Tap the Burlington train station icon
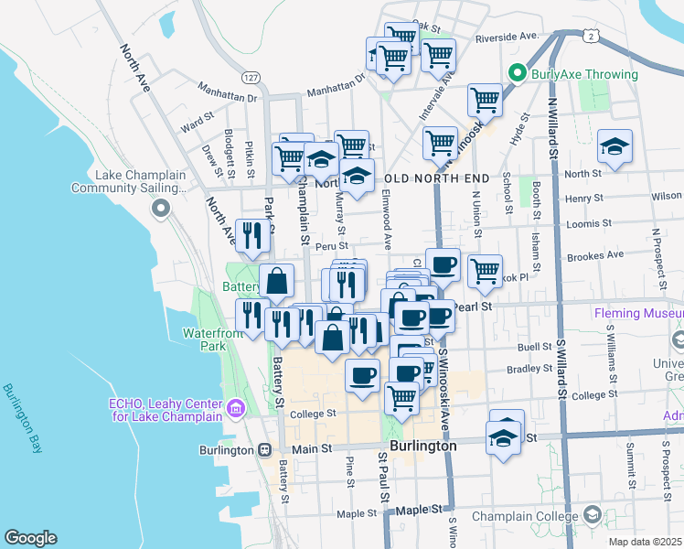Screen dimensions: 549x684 coord(264,450)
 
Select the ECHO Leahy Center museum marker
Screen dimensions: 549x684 coord(236,408)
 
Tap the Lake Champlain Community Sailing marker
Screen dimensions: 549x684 coord(162,210)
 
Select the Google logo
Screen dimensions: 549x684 coord(30,538)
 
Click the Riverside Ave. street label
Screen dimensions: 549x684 coord(507,37)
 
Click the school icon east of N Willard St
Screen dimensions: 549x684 coord(615,146)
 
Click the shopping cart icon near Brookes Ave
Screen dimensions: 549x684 coord(484,270)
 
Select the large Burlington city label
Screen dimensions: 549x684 coord(422,446)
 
